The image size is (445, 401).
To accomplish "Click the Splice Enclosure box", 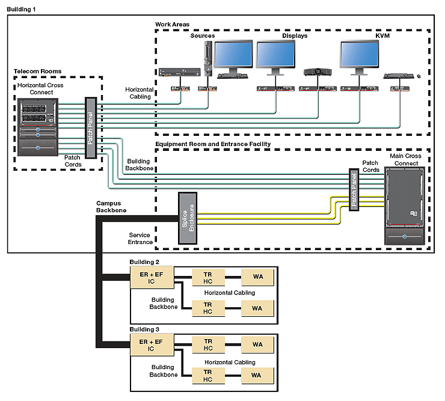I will click(188, 218).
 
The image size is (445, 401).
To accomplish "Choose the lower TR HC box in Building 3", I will click(208, 376).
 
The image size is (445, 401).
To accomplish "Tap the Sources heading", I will click(203, 36).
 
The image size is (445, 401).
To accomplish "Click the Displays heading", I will click(295, 36).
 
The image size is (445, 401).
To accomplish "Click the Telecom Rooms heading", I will click(38, 72).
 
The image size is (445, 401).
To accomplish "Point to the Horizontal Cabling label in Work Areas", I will click(140, 93).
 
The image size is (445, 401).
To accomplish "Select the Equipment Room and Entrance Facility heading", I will click(213, 144).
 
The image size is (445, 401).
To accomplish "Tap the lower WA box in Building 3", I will click(257, 376).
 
